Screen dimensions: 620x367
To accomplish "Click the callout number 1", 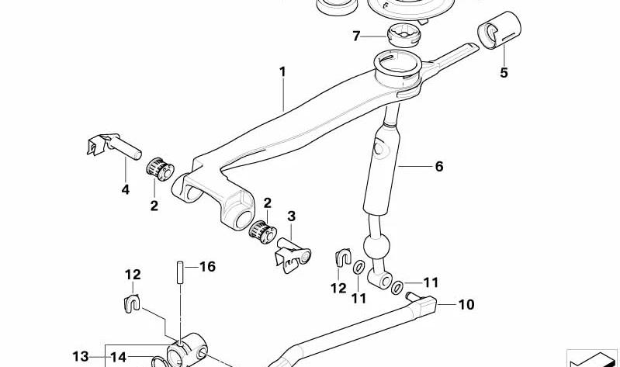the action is (x=282, y=72).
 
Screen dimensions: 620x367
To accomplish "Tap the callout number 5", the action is (x=504, y=73).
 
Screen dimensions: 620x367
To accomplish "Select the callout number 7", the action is (x=356, y=36).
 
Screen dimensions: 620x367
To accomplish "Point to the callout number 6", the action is (x=439, y=167).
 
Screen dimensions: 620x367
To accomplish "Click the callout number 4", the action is (x=126, y=190).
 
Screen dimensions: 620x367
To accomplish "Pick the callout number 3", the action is (x=292, y=216).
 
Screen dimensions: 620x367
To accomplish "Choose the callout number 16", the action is (x=207, y=267).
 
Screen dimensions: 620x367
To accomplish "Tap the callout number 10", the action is (x=466, y=304).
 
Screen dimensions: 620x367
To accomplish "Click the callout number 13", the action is (x=80, y=357).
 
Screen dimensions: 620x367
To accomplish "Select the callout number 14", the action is (x=118, y=357).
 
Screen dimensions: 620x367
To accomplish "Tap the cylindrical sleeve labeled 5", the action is (x=500, y=30).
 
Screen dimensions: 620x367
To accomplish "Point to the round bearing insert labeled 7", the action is (x=404, y=35).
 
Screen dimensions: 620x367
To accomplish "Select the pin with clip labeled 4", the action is (x=114, y=145).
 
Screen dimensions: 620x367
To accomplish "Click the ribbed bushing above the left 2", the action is (x=160, y=169).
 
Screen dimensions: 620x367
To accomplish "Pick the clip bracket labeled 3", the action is (x=293, y=255).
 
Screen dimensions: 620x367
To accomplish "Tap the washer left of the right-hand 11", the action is (x=397, y=288).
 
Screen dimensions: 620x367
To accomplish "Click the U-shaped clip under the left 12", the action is (x=133, y=303).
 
